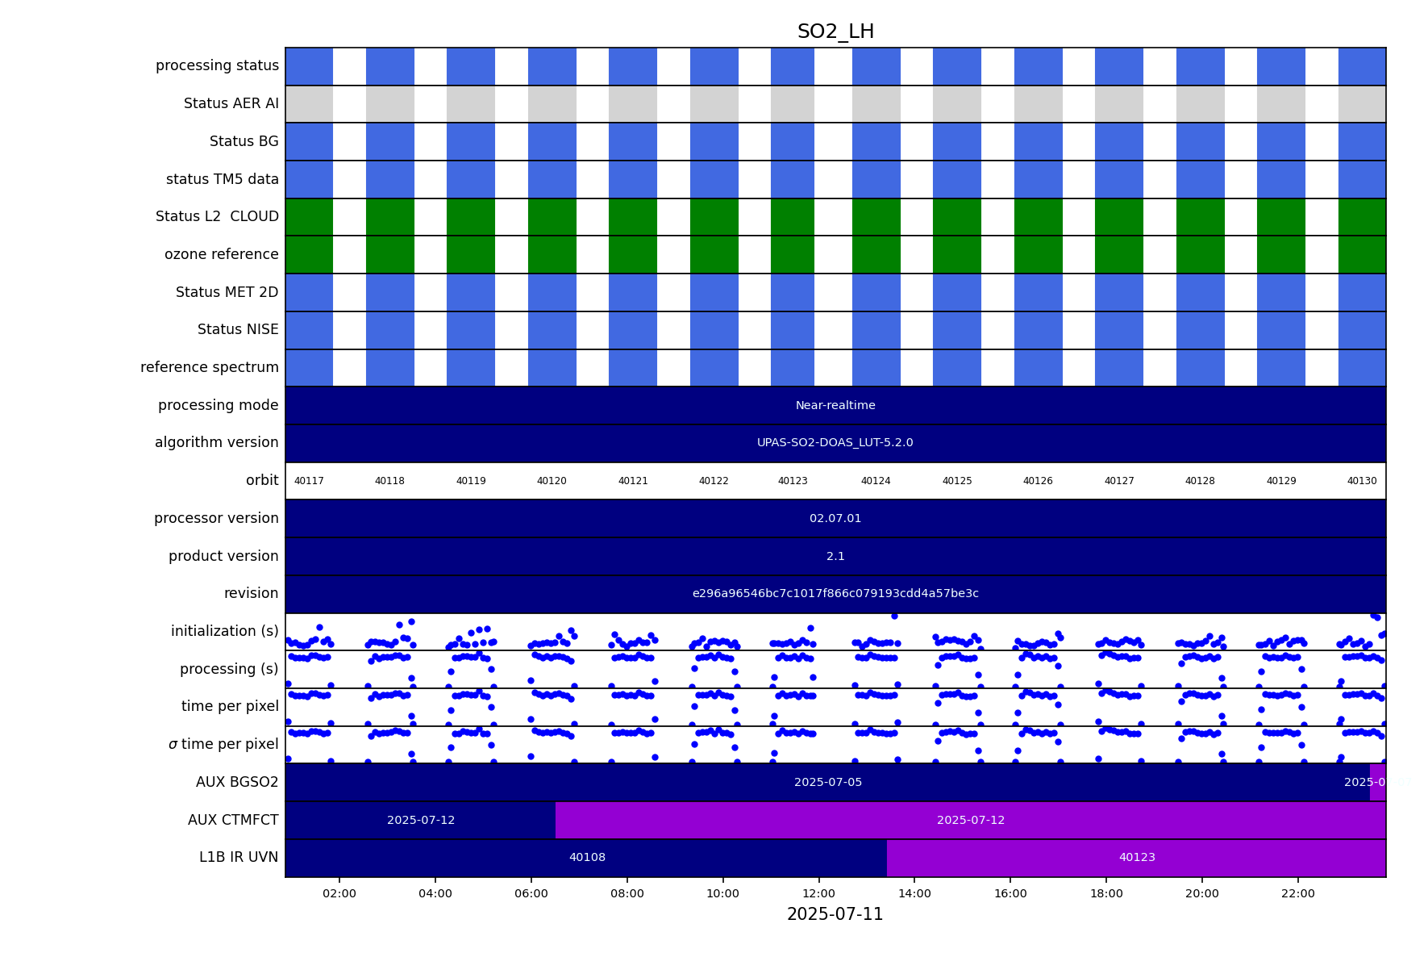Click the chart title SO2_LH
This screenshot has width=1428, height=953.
tap(835, 31)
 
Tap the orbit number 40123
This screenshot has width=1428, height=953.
tap(793, 481)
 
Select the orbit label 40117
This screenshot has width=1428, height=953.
tap(309, 481)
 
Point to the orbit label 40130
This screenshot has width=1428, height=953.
tap(1362, 481)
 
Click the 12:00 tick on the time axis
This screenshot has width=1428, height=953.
tap(818, 893)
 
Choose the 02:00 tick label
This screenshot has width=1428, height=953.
tap(339, 893)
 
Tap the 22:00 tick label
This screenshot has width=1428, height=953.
tap(1297, 893)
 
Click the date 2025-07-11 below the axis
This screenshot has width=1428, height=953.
tap(835, 914)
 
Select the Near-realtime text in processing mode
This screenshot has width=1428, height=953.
tap(835, 405)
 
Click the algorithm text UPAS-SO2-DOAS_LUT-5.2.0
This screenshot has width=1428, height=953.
tap(835, 443)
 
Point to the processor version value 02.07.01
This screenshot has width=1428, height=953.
tap(835, 519)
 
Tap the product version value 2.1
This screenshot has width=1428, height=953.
tap(835, 557)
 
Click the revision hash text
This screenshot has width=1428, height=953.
tap(835, 594)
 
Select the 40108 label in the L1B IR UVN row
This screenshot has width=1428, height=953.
tap(587, 858)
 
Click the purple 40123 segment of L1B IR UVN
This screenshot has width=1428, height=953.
tap(1137, 858)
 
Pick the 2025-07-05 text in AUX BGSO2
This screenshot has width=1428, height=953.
tap(828, 783)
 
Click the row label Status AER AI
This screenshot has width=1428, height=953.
tap(231, 103)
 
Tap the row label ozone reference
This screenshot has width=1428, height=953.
tap(221, 254)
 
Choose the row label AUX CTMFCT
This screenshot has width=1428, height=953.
tap(233, 820)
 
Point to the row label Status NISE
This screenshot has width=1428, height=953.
tap(238, 329)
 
